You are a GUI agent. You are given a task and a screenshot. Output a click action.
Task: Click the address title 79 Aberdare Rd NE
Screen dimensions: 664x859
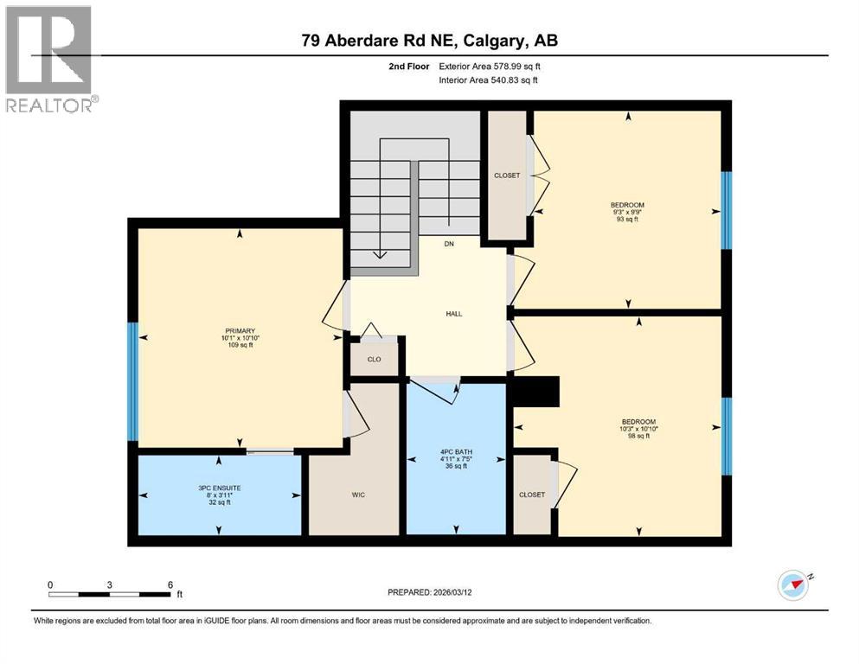click(x=434, y=41)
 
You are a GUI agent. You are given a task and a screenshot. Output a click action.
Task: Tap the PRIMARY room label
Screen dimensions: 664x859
click(x=239, y=329)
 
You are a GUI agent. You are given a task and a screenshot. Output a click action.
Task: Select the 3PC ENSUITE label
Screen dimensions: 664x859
click(x=219, y=488)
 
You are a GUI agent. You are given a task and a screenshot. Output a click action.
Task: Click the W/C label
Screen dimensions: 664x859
click(x=357, y=495)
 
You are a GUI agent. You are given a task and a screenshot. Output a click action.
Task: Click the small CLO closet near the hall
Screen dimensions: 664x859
click(x=374, y=360)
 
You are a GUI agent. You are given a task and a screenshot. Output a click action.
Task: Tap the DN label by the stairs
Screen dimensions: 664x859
click(x=449, y=245)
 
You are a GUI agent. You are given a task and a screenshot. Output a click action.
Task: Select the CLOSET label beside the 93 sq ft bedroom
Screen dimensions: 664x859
click(x=507, y=176)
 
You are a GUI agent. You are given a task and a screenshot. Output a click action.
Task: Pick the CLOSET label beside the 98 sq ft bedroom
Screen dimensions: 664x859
click(x=532, y=495)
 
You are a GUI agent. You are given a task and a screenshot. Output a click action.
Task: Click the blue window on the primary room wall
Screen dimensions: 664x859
click(x=132, y=381)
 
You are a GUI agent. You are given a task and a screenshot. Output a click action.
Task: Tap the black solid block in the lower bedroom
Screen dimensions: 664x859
click(x=538, y=393)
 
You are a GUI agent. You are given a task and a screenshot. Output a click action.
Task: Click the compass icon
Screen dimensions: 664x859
click(x=793, y=585)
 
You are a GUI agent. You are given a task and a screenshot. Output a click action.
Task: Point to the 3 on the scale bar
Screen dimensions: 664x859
click(x=110, y=584)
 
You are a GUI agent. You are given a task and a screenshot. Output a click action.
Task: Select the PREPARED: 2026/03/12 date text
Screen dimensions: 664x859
click(x=437, y=592)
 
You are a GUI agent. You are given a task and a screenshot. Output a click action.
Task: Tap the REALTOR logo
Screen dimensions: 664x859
click(x=49, y=59)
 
